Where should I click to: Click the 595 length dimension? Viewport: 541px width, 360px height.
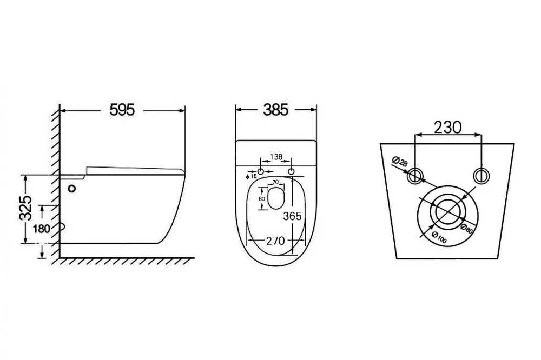122,110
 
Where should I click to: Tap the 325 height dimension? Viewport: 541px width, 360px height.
26,208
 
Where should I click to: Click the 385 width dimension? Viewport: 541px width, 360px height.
276,110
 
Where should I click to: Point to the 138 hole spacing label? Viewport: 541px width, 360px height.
276,157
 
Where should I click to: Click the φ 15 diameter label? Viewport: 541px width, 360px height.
251,177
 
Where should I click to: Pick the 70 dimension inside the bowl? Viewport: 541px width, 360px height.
275,182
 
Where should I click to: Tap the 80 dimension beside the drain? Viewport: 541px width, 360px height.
261,199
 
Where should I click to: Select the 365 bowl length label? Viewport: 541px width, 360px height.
292,216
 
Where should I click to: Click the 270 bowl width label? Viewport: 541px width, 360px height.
276,241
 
